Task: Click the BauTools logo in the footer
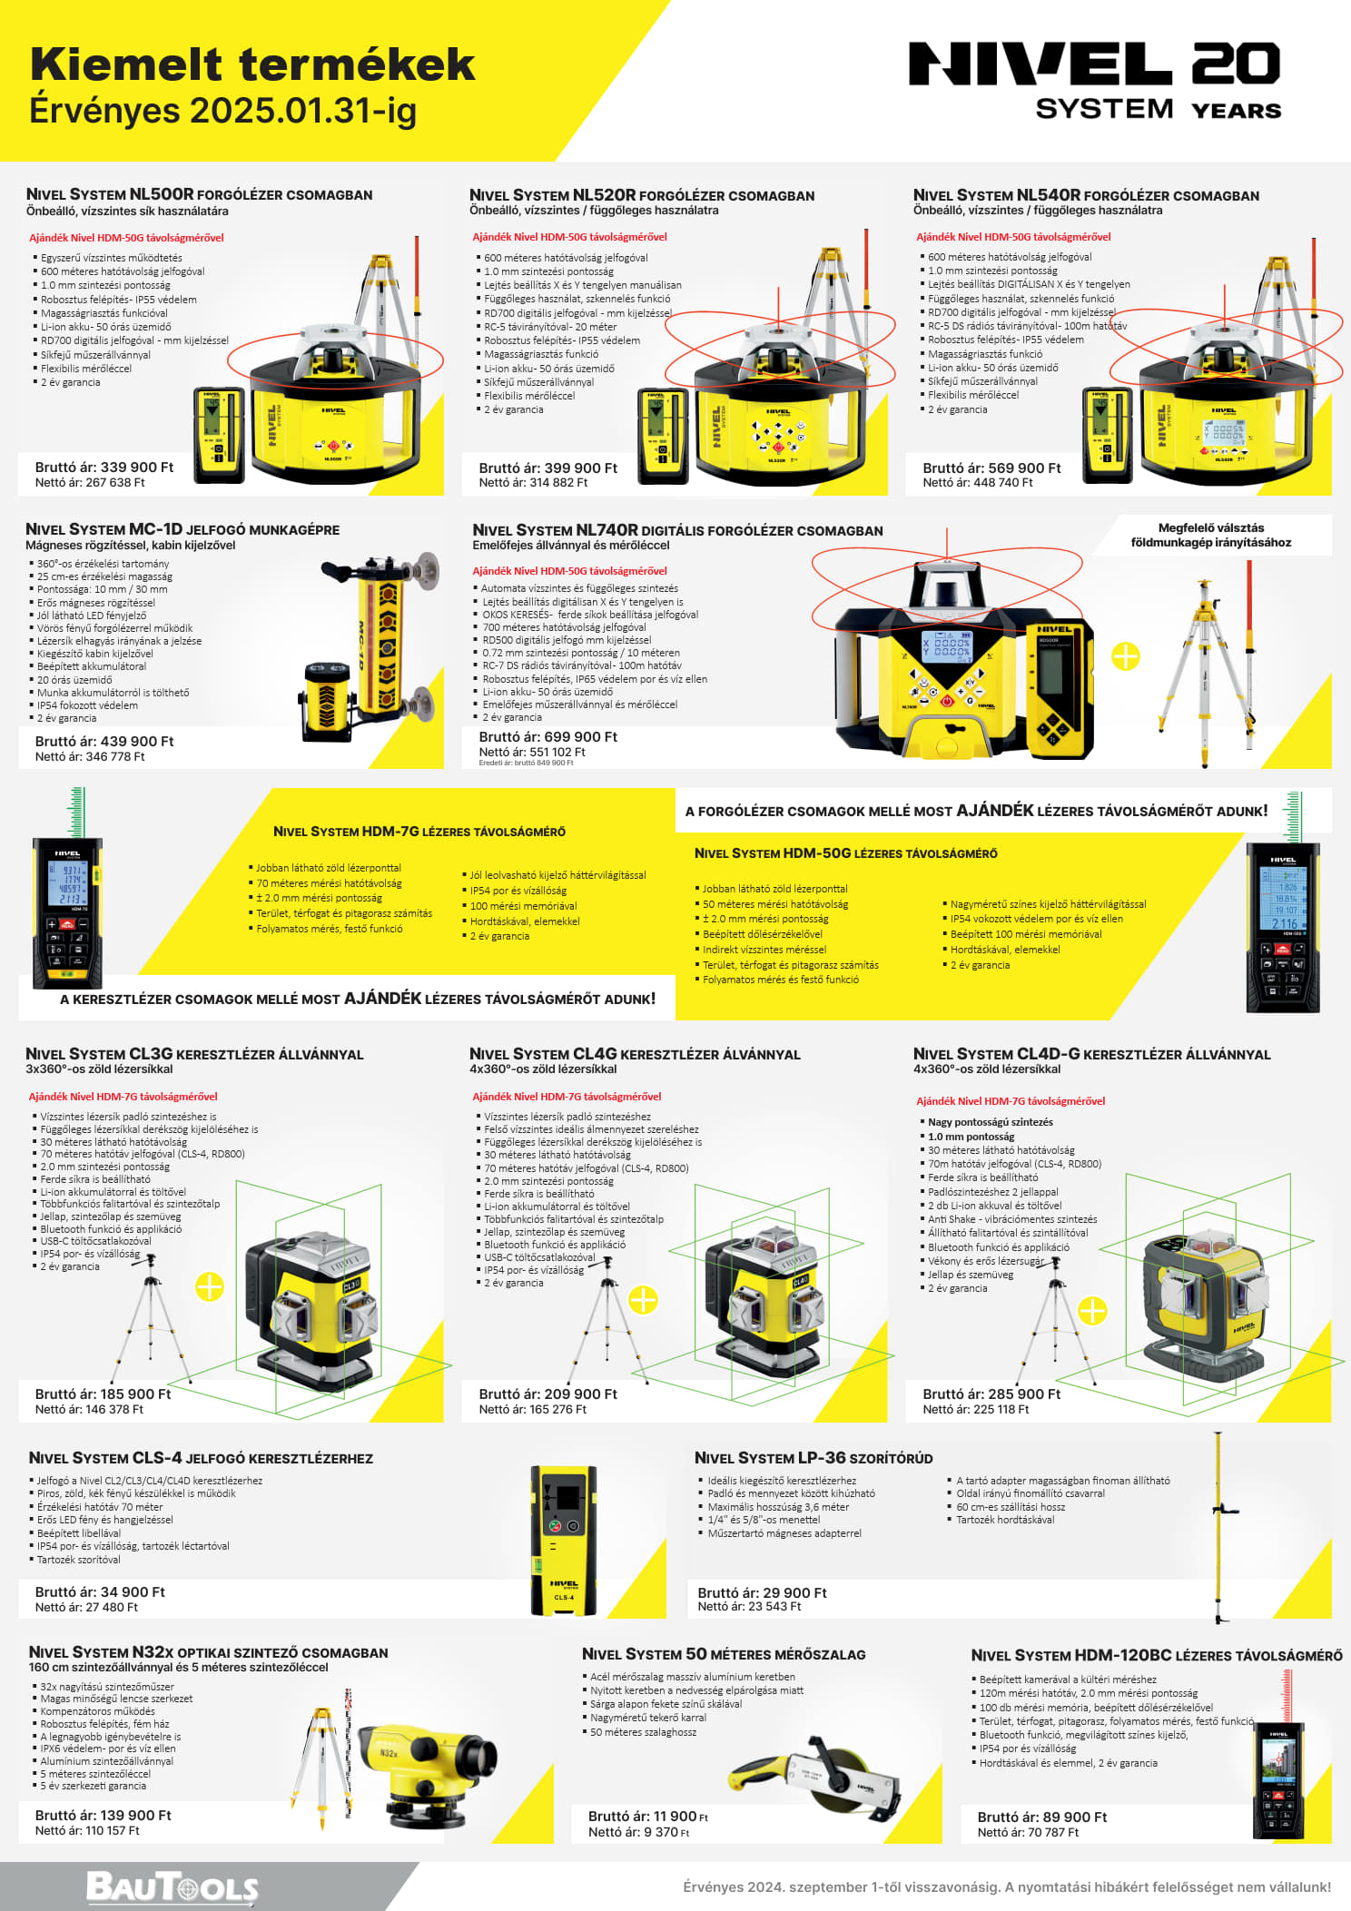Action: point(172,1886)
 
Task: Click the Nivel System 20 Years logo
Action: point(1095,80)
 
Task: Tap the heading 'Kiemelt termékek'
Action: point(252,64)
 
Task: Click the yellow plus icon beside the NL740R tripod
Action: point(1126,656)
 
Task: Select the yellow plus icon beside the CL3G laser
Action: point(210,1286)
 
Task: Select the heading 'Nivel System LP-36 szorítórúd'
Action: point(814,1457)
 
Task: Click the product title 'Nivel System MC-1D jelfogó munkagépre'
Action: point(182,529)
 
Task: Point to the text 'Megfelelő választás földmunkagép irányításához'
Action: point(1211,535)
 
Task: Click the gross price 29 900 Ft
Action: point(762,1592)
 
